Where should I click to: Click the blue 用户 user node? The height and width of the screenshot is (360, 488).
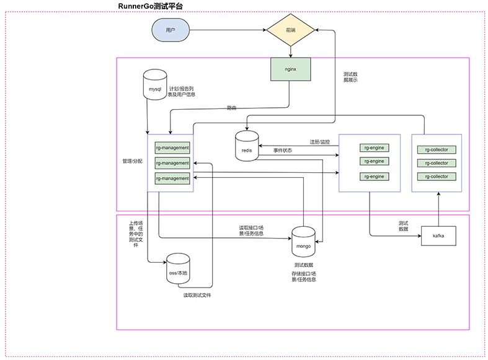coord(171,30)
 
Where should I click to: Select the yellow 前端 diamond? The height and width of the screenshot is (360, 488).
coord(290,30)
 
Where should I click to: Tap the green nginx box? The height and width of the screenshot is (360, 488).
coord(290,69)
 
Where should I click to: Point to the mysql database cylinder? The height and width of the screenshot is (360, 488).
coord(155,84)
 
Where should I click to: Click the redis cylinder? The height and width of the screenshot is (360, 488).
coord(247,146)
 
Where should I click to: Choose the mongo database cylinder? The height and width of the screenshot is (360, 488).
coord(303,242)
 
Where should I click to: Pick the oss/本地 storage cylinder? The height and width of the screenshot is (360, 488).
coord(178,268)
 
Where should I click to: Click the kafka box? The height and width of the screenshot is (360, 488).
coord(438,236)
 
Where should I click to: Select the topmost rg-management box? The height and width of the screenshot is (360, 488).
coord(172,147)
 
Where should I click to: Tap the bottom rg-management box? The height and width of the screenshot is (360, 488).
coord(172,178)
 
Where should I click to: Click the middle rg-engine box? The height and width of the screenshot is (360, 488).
coord(375,161)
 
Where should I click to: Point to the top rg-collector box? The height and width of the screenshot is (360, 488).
coord(437,149)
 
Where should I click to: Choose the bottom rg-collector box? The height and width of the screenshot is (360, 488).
coord(437,177)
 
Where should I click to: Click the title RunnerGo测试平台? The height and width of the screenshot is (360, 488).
coord(150,6)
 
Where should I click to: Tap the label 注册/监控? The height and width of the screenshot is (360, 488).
coord(319,142)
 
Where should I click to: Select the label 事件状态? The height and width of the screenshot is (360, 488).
coord(283,151)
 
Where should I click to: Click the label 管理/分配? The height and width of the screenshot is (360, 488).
coord(132,161)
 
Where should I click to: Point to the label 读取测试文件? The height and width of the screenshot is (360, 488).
coord(197,295)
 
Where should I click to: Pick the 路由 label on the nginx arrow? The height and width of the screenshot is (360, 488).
coord(231,108)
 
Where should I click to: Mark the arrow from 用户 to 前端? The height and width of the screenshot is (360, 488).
coord(228,30)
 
